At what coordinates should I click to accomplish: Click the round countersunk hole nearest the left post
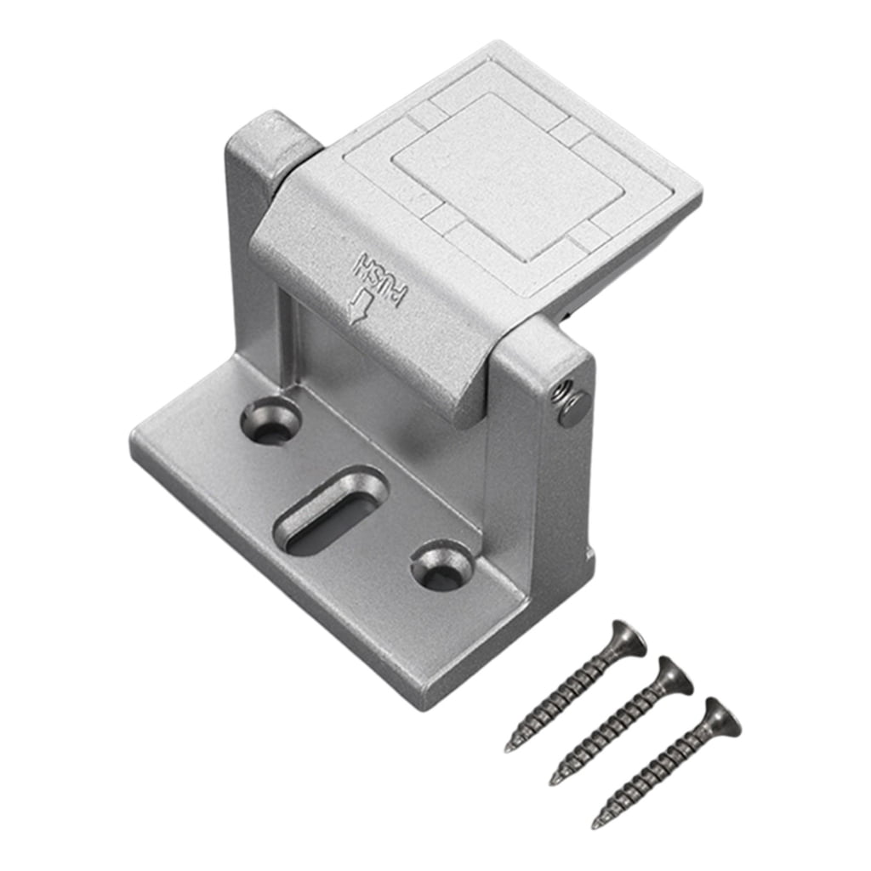click(270, 421)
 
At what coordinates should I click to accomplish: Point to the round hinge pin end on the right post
click(573, 409)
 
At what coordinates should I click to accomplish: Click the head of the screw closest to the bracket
click(627, 637)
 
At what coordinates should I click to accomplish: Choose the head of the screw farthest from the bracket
click(720, 716)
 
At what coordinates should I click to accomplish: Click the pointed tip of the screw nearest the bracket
click(508, 748)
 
